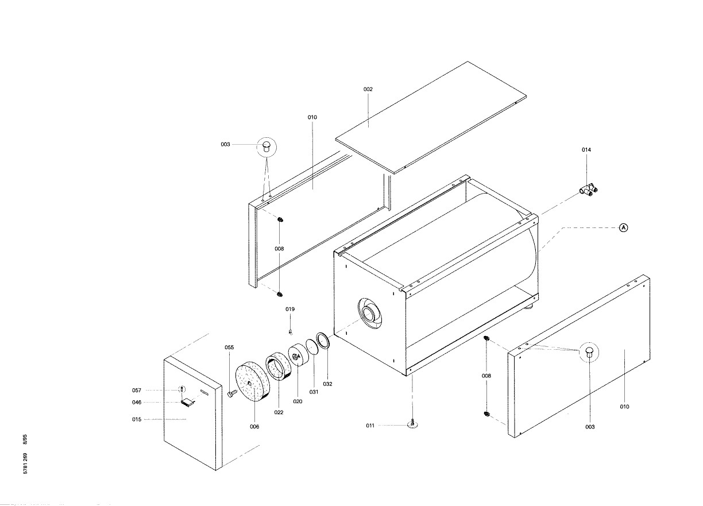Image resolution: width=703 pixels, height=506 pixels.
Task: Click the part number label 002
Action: click(x=368, y=89)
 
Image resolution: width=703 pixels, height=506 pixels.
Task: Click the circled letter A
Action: click(x=623, y=227)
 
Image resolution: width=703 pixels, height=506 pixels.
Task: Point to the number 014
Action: click(x=586, y=149)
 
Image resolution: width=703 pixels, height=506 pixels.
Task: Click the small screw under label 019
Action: click(x=291, y=331)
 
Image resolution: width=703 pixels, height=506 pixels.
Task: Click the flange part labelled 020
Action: click(x=298, y=358)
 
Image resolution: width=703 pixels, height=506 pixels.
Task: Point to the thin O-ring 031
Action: click(x=312, y=347)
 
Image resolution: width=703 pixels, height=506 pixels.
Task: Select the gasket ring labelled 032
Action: click(x=323, y=340)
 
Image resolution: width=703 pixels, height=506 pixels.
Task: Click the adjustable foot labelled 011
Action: click(x=413, y=423)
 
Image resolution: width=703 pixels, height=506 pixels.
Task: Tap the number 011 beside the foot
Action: click(x=370, y=426)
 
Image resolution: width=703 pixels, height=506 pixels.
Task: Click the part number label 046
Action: click(x=136, y=402)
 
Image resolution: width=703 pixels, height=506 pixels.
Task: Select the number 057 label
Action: click(x=136, y=390)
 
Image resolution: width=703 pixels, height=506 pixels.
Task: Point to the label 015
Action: click(x=136, y=419)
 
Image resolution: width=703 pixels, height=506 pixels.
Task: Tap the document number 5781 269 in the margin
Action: click(x=25, y=462)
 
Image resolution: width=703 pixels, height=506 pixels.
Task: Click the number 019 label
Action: click(x=290, y=309)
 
